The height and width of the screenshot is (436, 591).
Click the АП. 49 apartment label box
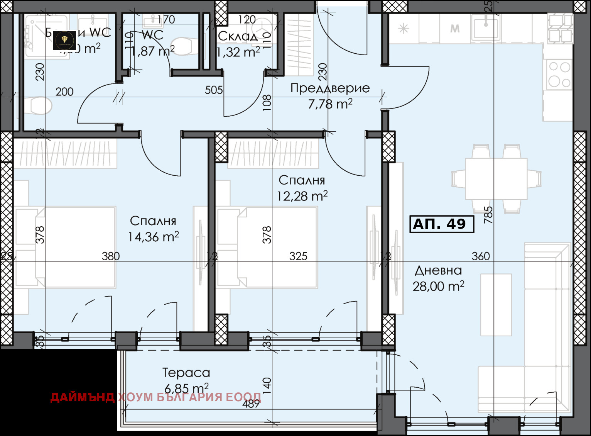(x=441, y=224)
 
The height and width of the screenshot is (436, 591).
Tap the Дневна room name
(x=438, y=270)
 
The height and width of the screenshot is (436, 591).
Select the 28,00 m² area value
(x=438, y=286)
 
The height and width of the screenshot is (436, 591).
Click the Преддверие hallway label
(x=330, y=88)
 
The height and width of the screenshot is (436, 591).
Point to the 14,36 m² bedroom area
(x=153, y=237)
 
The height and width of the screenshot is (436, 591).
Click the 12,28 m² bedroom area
(x=302, y=196)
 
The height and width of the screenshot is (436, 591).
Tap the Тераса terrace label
(x=186, y=372)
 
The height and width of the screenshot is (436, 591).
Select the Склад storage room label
(x=238, y=36)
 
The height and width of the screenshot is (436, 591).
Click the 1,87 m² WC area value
(x=153, y=51)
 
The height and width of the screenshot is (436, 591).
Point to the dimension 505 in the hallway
(x=214, y=90)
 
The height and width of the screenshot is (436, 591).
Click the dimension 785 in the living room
(x=488, y=215)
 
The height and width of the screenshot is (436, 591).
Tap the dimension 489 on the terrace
(x=251, y=404)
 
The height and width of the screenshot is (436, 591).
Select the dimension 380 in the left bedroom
(x=111, y=256)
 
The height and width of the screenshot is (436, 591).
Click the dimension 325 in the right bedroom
(x=298, y=256)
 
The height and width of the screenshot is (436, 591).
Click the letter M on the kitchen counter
(x=455, y=29)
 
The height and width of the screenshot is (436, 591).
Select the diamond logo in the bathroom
(x=64, y=41)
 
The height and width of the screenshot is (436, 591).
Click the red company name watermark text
(x=156, y=397)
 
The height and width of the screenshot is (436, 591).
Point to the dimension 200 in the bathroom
(x=64, y=92)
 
